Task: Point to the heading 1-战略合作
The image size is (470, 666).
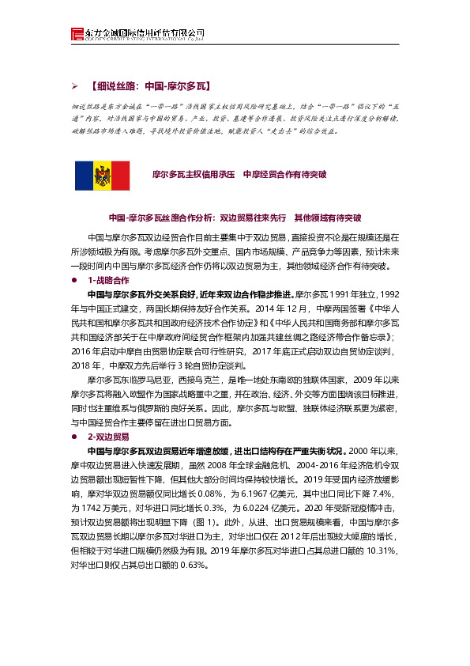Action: coord(109,281)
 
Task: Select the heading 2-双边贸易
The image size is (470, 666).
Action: coord(109,436)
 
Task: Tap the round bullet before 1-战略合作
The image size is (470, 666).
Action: coord(73,281)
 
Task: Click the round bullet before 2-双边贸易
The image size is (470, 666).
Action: coord(73,436)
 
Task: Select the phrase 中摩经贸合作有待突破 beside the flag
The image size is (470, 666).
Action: coord(284,172)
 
